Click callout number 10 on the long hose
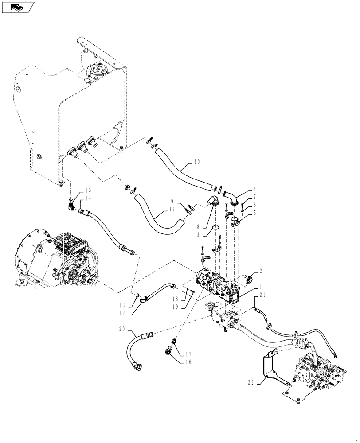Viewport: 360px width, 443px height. coord(196,162)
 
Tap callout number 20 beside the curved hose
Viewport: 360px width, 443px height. coord(122,329)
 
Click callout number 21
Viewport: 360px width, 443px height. coord(262,295)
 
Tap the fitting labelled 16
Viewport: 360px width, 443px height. coord(169,350)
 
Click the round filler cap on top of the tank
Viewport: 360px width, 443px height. coord(97,70)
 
